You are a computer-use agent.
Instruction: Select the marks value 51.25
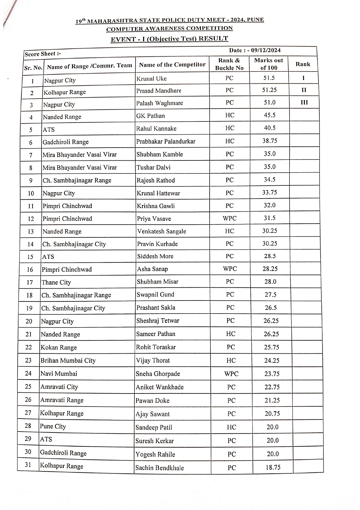[x=269, y=90]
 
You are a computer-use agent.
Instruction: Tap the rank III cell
[x=304, y=102]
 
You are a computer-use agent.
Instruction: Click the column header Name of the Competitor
[x=172, y=65]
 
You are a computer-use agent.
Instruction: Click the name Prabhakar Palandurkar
[x=166, y=142]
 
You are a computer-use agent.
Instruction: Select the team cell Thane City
[x=56, y=282]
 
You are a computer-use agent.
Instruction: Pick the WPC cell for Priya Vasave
[x=230, y=218]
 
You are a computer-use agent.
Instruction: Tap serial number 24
[x=28, y=373]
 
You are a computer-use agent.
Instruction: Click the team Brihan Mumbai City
[x=68, y=361]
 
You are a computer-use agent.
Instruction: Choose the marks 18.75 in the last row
[x=273, y=467]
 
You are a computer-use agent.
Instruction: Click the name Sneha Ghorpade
[x=158, y=374]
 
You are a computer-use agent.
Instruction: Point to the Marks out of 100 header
[x=269, y=64]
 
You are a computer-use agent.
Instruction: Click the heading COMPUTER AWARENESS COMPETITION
[x=169, y=29]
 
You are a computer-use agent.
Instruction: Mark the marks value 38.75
[x=270, y=141]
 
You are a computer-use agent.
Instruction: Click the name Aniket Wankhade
[x=160, y=387]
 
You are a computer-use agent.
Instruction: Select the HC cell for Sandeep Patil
[x=231, y=427]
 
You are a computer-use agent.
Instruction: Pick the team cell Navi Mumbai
[x=59, y=374]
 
